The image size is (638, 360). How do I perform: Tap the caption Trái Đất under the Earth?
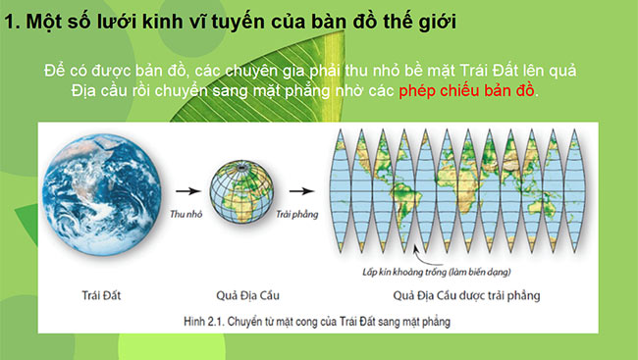coord(104,292)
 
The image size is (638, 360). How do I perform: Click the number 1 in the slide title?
coord(11,20)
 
